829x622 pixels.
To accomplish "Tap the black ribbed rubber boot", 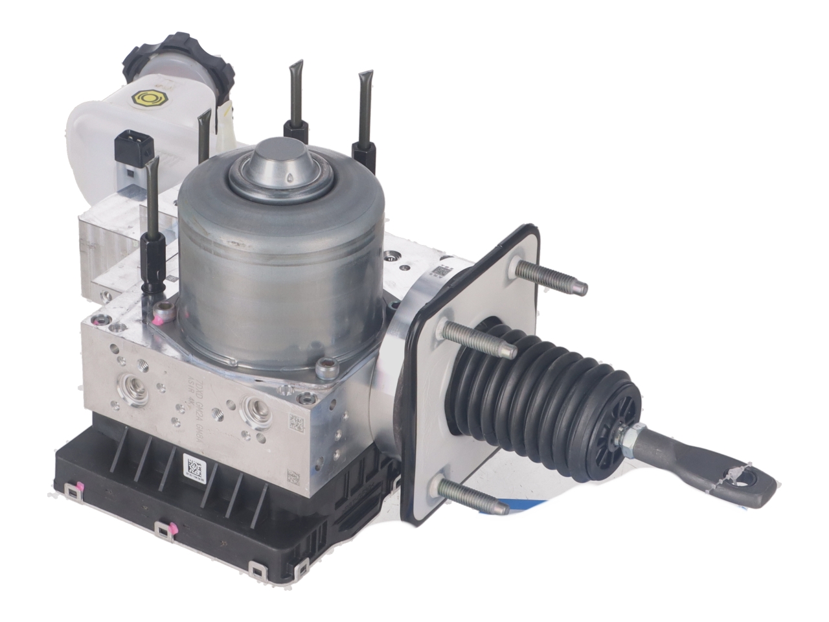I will pyautogui.click(x=551, y=395).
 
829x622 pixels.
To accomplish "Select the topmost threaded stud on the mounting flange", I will pyautogui.click(x=551, y=275).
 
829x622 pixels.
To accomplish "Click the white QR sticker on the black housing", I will pyautogui.click(x=194, y=466).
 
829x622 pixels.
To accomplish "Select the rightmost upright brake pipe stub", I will pyautogui.click(x=364, y=117).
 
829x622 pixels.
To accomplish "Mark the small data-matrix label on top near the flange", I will pyautogui.click(x=442, y=272).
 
